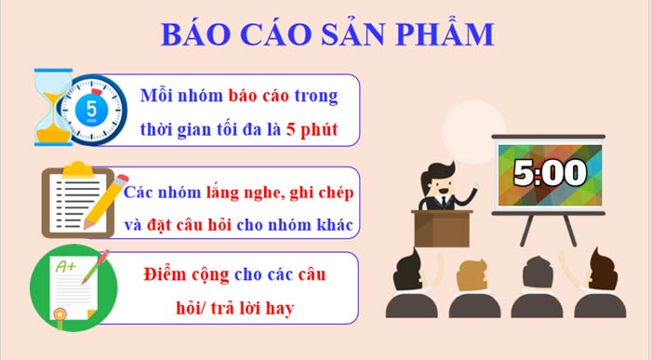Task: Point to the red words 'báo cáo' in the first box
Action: pos(255,96)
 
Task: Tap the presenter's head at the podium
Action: pos(436,176)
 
